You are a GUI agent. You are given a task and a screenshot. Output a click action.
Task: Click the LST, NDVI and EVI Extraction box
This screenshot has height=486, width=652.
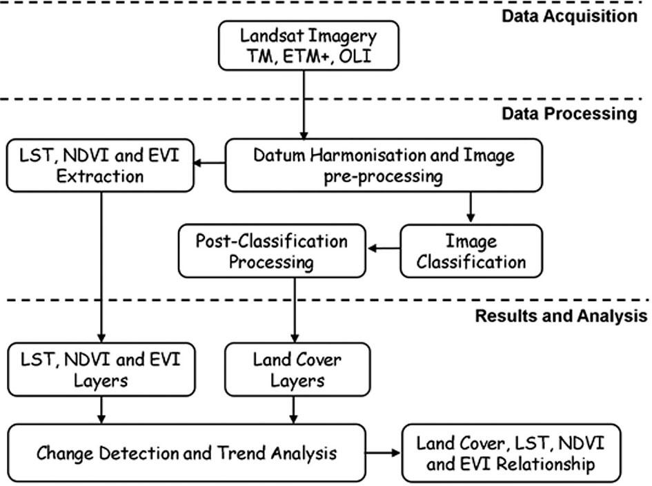pyautogui.click(x=101, y=166)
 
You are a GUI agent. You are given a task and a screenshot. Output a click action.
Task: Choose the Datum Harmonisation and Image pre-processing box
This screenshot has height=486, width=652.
pyautogui.click(x=384, y=166)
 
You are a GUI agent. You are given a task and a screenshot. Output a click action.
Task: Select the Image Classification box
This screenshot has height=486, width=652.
pyautogui.click(x=471, y=251)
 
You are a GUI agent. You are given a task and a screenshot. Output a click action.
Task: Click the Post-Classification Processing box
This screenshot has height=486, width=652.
pyautogui.click(x=272, y=251)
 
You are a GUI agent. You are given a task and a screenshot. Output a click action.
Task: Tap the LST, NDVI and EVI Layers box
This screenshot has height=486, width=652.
pyautogui.click(x=101, y=369)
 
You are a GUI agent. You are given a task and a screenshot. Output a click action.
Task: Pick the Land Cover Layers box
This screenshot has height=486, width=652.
pyautogui.click(x=297, y=369)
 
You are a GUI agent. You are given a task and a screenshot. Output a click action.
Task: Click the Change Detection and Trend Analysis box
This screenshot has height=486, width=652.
pyautogui.click(x=186, y=453)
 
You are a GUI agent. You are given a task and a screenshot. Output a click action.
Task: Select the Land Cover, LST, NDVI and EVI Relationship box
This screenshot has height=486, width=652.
pyautogui.click(x=511, y=453)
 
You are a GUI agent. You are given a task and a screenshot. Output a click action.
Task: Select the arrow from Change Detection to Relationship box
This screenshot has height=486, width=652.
pyautogui.click(x=383, y=454)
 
